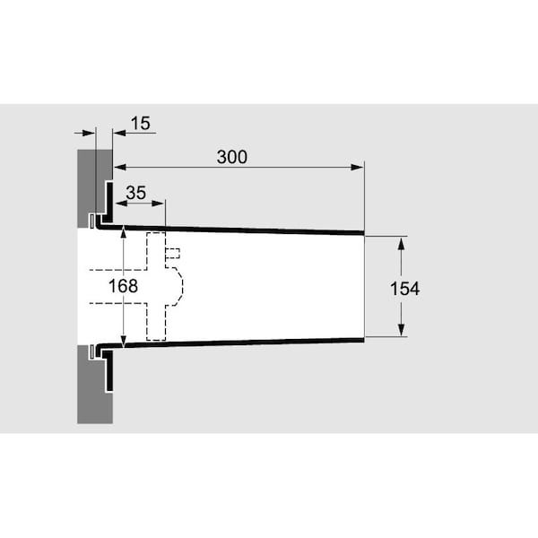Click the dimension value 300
point(232,157)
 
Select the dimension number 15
point(141,123)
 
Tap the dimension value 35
point(136,193)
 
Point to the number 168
point(123,286)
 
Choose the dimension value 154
point(405,289)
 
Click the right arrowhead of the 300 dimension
point(358,168)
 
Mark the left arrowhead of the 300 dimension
point(120,168)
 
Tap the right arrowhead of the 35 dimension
point(158,204)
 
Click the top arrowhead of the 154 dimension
point(401,243)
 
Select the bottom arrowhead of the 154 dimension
point(401,330)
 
